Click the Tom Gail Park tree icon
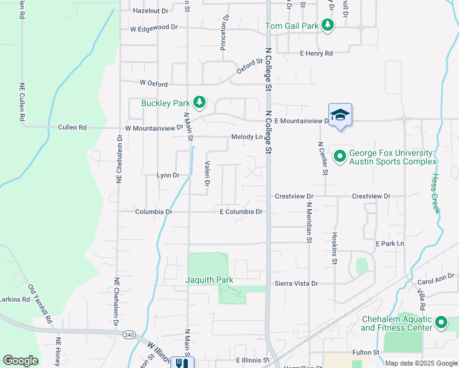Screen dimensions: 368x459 point(328,25)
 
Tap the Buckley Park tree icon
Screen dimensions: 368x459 point(199,102)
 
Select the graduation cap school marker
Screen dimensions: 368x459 point(340,115)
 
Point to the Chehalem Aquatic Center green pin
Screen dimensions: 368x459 point(441,323)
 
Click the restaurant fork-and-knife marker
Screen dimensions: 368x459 point(182,363)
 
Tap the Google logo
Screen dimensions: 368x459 point(20,361)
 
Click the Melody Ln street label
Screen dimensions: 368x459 point(247,137)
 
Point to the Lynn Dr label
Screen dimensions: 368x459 point(168,175)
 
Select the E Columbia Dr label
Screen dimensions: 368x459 point(241,212)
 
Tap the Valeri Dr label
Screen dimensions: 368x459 point(207,173)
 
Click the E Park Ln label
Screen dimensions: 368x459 point(390,243)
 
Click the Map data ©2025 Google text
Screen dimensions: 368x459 point(420,363)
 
